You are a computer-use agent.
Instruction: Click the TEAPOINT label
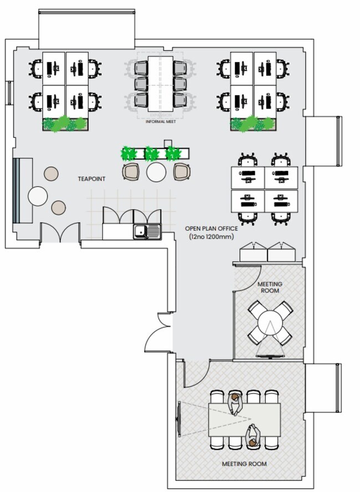click(91, 179)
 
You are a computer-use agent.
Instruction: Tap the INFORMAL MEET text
click(161, 121)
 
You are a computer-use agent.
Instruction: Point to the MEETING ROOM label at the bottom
click(244, 464)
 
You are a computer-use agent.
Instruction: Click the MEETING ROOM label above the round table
click(269, 287)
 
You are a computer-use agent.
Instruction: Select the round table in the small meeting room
click(270, 322)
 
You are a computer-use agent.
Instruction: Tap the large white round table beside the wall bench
click(38, 196)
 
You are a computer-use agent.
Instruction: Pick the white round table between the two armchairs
click(156, 172)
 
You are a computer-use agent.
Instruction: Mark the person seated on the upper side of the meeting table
click(235, 403)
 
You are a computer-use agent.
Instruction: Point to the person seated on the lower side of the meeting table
click(253, 436)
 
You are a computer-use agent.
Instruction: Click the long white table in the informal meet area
click(161, 83)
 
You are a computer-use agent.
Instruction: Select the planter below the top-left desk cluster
click(65, 124)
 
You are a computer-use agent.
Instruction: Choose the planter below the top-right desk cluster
click(253, 124)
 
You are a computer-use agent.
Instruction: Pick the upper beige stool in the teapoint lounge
click(51, 173)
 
